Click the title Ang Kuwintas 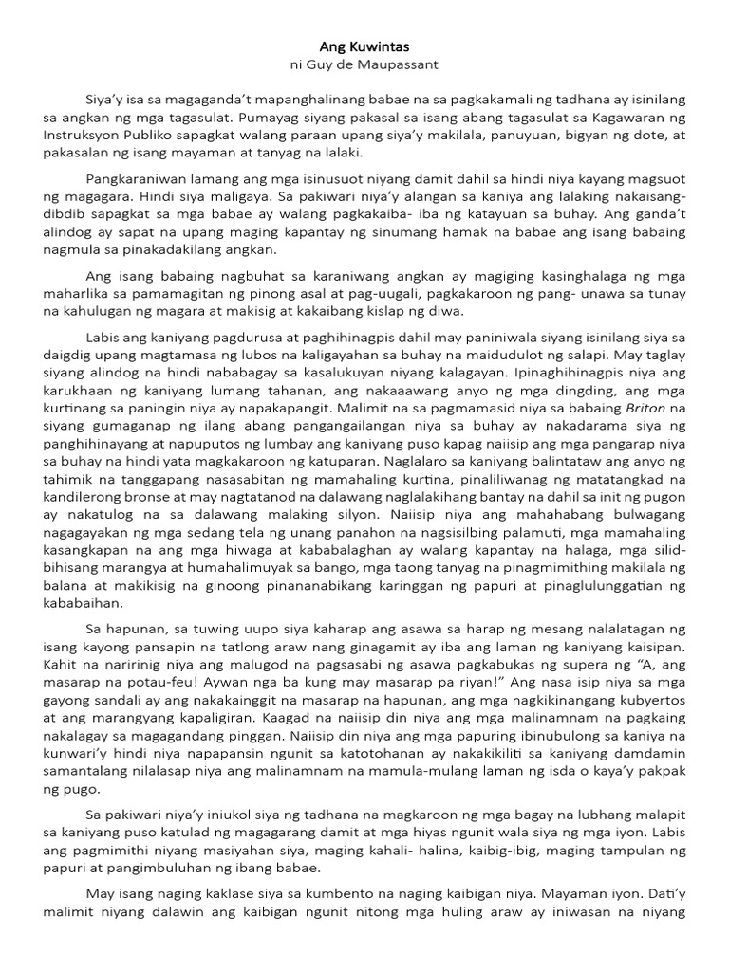tap(364, 46)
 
